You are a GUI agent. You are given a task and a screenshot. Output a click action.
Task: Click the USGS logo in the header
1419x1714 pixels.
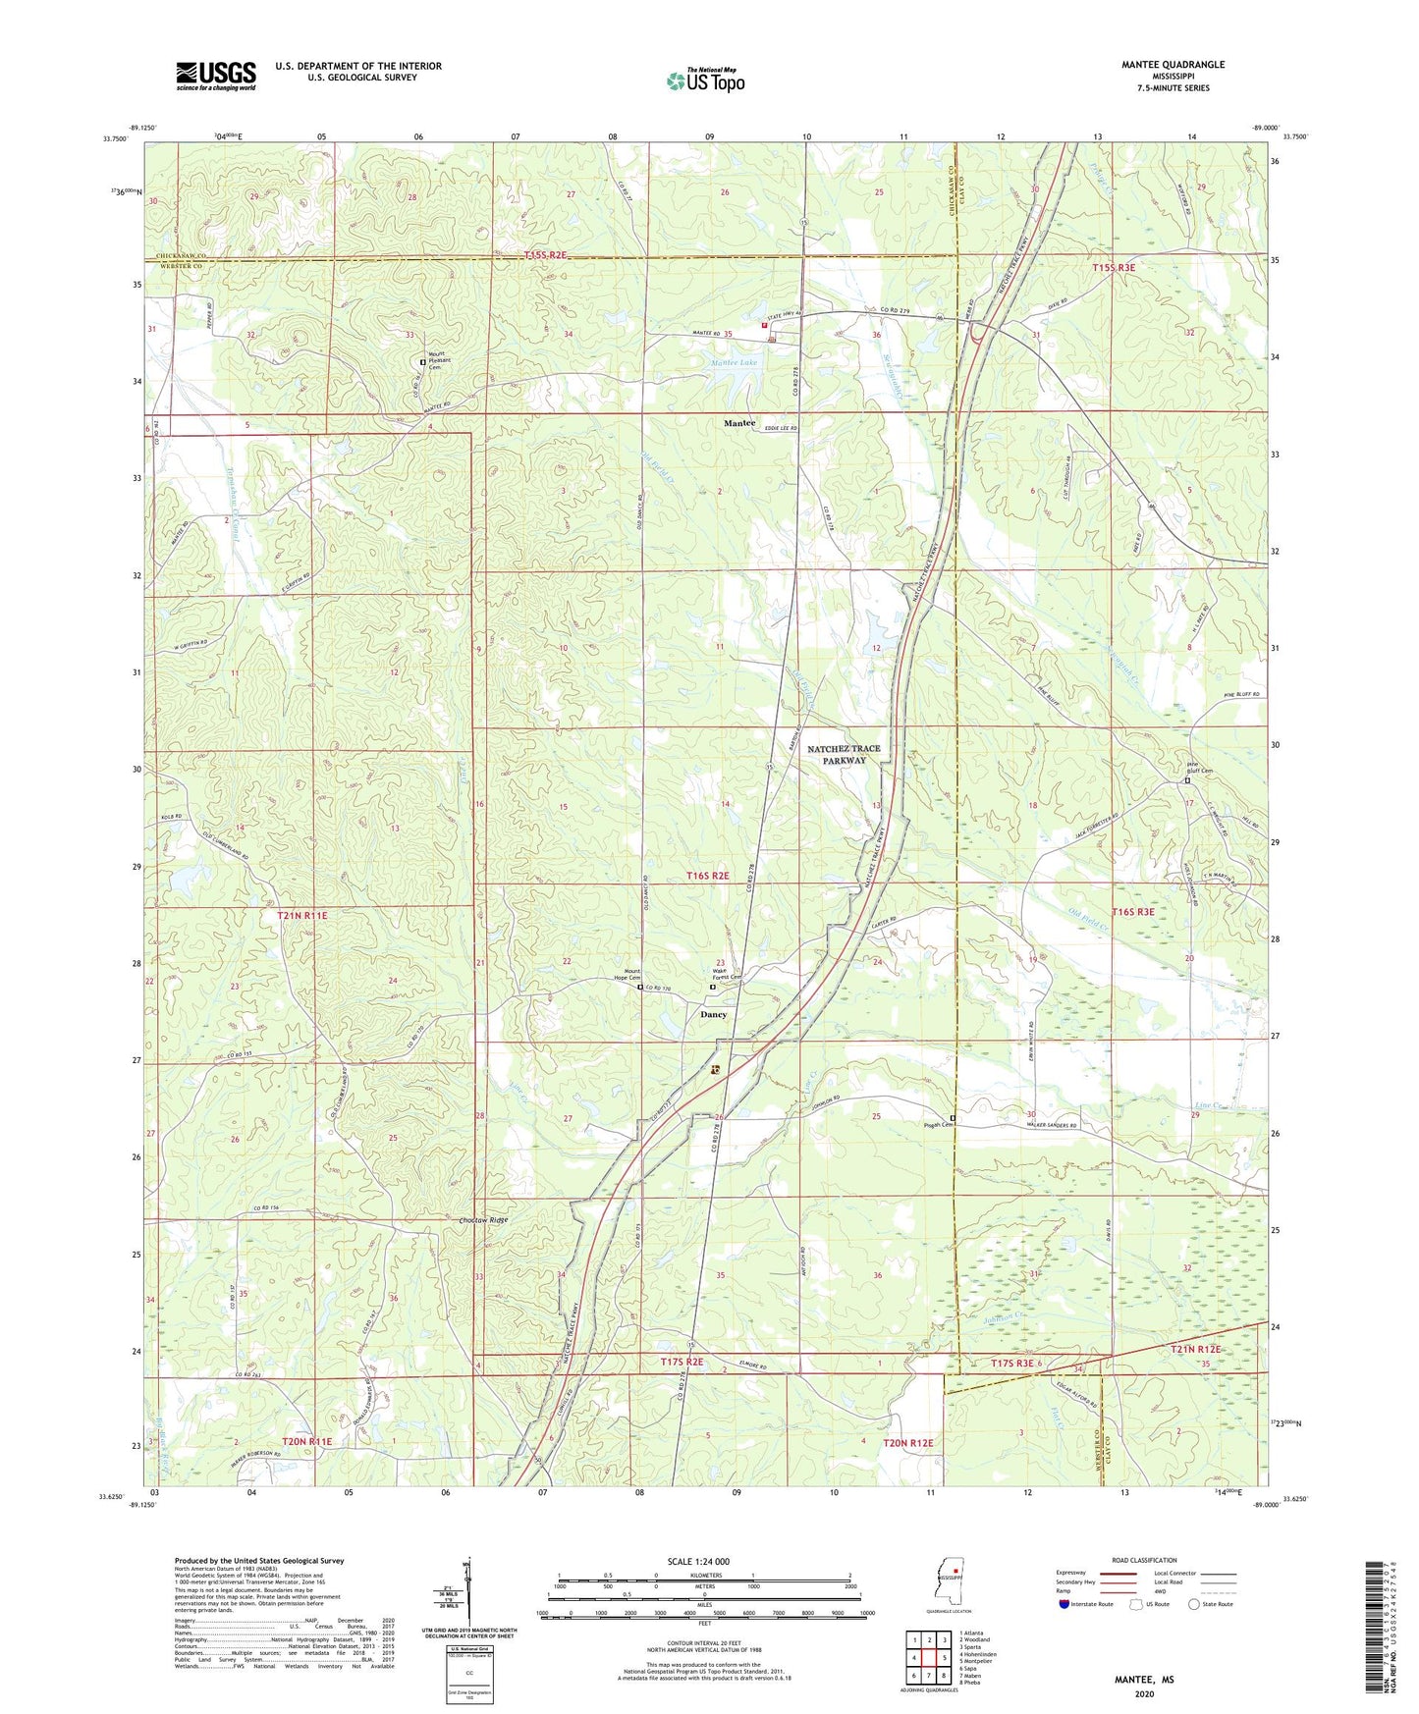coord(215,76)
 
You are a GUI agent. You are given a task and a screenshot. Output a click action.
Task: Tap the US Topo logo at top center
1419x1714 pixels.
coord(705,80)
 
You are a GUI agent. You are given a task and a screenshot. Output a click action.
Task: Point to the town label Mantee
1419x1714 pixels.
coord(739,423)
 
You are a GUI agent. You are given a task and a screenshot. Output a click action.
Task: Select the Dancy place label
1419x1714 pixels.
coord(713,1014)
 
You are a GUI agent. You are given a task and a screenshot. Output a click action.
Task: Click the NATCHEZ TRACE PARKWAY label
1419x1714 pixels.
coord(844,754)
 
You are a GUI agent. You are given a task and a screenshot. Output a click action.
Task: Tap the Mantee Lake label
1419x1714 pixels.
coord(734,362)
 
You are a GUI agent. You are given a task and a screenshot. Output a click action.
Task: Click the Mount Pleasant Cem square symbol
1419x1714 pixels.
coord(423,361)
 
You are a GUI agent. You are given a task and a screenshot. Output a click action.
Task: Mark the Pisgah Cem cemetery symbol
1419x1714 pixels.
coord(952,1118)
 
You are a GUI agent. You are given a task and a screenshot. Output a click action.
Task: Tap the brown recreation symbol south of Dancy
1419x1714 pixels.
coord(715,1070)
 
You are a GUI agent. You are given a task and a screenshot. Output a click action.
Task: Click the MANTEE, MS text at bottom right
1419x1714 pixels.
coord(1143,1680)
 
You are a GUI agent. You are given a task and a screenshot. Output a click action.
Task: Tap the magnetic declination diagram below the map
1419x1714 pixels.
coord(466,1595)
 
